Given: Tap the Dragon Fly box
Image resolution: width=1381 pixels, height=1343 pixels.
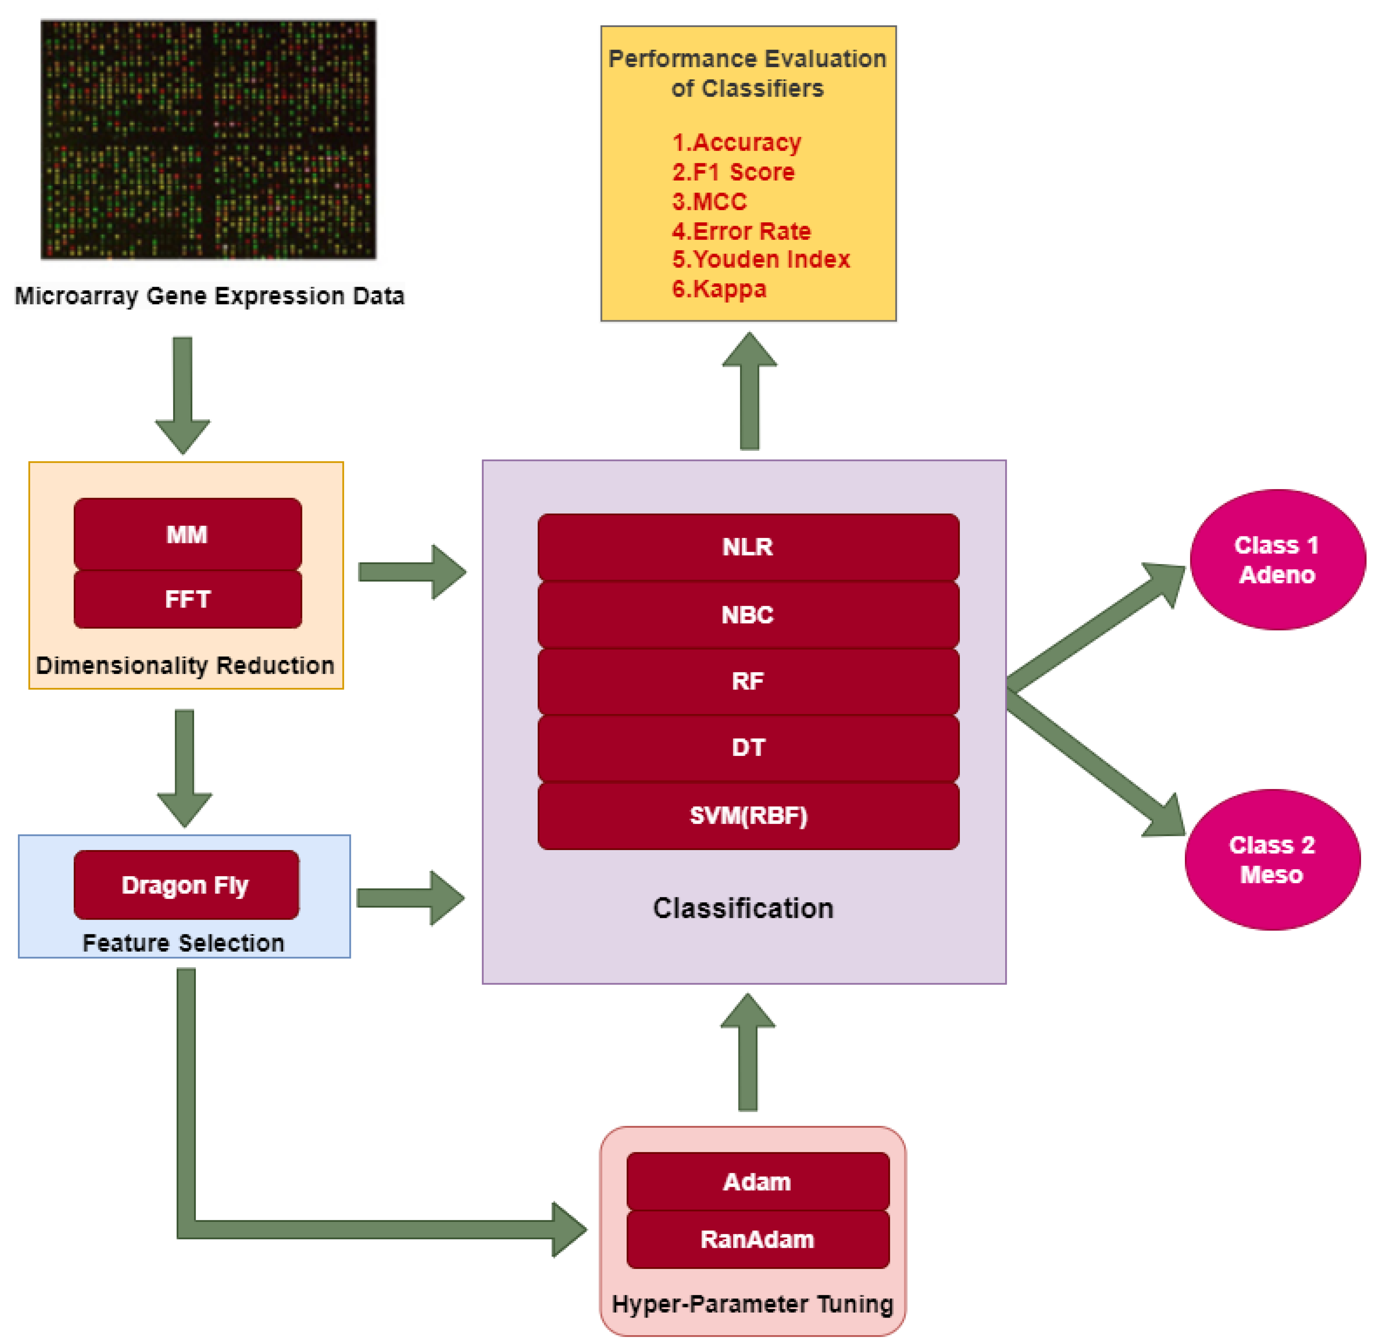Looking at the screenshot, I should [x=186, y=884].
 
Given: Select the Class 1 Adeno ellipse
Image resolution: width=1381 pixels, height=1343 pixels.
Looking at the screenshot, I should [x=1277, y=559].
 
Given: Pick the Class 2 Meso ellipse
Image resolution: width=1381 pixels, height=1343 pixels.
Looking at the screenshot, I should [x=1272, y=859].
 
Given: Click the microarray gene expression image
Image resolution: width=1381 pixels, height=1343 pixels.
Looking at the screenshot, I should [x=208, y=140].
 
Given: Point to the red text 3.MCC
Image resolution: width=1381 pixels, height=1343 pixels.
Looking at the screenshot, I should [x=709, y=202].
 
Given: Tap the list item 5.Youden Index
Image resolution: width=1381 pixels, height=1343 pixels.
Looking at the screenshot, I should [x=760, y=259].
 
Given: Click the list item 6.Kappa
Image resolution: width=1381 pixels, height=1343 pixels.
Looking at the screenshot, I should [x=719, y=289].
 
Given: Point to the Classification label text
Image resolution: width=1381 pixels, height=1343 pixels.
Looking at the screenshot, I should [x=743, y=908].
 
